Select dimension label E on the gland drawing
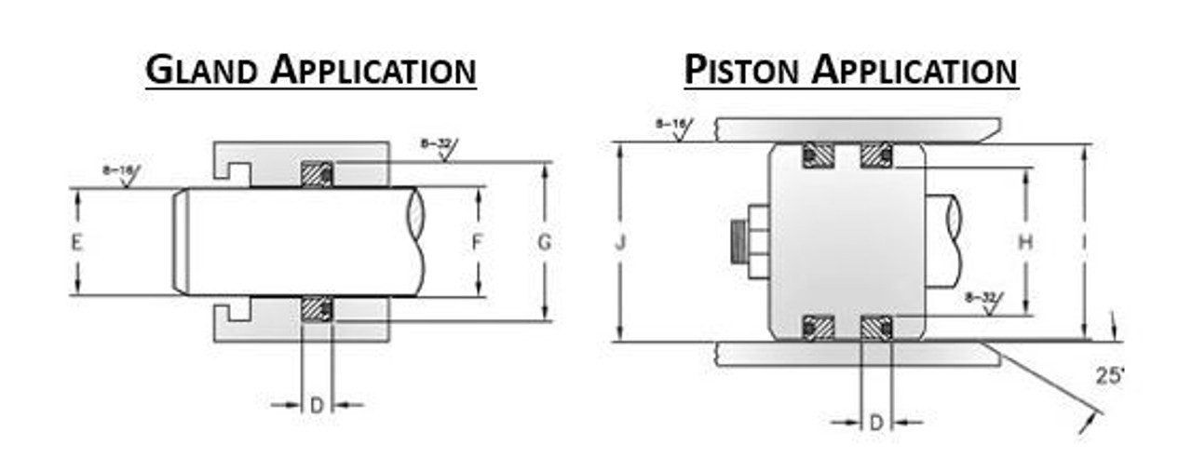click(x=77, y=243)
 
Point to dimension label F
click(x=477, y=243)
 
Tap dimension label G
click(x=545, y=243)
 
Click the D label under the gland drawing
click(x=317, y=406)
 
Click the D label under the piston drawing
click(x=875, y=424)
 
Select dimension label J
click(x=620, y=244)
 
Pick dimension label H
click(x=1025, y=243)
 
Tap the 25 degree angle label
click(x=1109, y=377)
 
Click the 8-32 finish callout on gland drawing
click(x=436, y=144)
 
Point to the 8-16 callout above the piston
click(x=671, y=124)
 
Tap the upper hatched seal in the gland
click(x=317, y=174)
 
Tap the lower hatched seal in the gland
click(x=317, y=310)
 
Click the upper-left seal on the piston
click(x=819, y=155)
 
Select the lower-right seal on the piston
click(x=875, y=328)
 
